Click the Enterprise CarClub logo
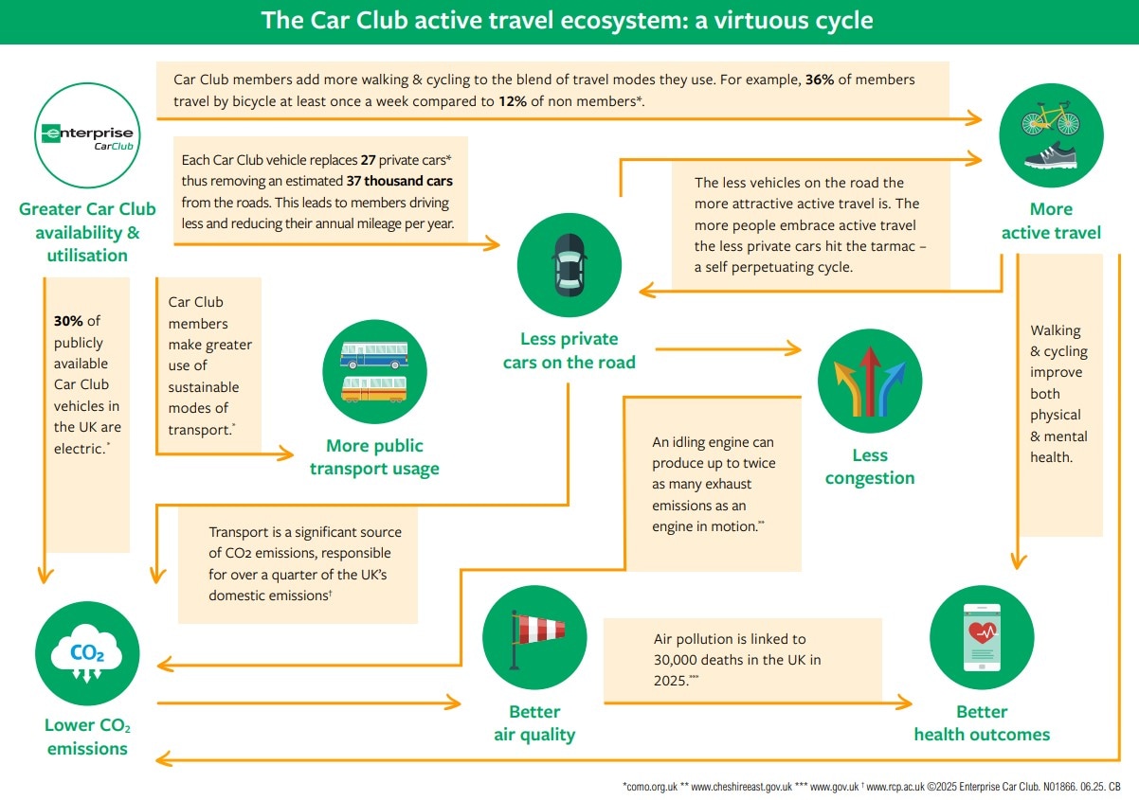(x=87, y=135)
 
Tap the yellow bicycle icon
(x=1051, y=118)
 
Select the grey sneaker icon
(x=1051, y=155)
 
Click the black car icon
(x=569, y=265)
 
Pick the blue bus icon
(x=374, y=354)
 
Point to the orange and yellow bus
(x=374, y=389)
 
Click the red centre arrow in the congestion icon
(x=870, y=381)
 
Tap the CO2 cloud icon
(x=87, y=653)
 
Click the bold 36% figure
(x=819, y=80)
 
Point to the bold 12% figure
(x=512, y=101)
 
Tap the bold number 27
(x=369, y=160)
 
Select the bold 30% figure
(x=68, y=321)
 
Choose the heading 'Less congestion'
(x=870, y=467)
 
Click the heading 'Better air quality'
(x=534, y=722)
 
